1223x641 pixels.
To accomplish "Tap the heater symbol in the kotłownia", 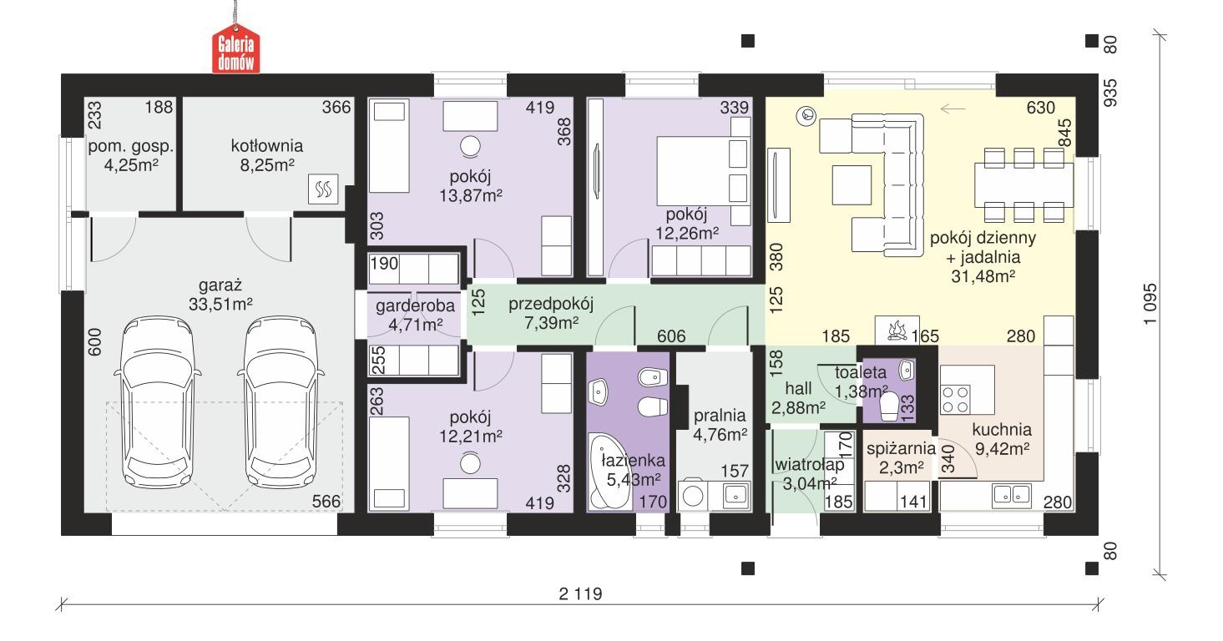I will pos(322,190).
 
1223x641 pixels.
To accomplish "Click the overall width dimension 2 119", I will pos(580,593).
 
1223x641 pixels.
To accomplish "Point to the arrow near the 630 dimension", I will pos(952,107).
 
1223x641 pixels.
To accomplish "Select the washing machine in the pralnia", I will pos(694,495).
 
